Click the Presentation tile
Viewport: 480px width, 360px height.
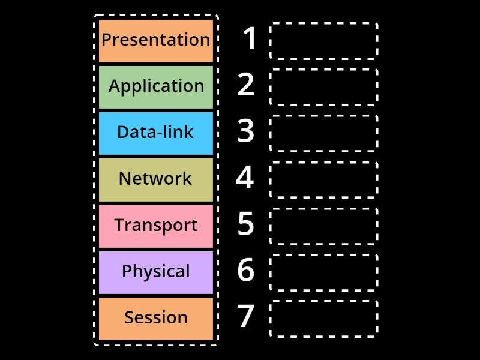156,40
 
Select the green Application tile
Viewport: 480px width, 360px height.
156,86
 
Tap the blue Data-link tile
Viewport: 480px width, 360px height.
156,133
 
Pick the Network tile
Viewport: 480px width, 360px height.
156,179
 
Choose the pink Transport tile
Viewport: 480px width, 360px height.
156,226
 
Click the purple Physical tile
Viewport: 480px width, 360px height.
156,272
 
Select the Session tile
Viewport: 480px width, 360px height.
156,318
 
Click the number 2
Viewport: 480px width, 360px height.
246,86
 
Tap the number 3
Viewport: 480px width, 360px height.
246,132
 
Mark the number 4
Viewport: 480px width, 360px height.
245,178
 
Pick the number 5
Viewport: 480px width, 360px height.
246,224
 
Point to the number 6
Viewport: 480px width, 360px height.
246,271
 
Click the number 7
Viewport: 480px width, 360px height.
246,317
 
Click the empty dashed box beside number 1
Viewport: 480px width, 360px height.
324,41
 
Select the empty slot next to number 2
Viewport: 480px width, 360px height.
324,87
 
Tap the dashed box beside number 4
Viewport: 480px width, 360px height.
324,179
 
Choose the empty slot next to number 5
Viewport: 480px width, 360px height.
324,226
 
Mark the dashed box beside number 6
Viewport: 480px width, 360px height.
324,272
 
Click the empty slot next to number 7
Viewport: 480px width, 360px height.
324,319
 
